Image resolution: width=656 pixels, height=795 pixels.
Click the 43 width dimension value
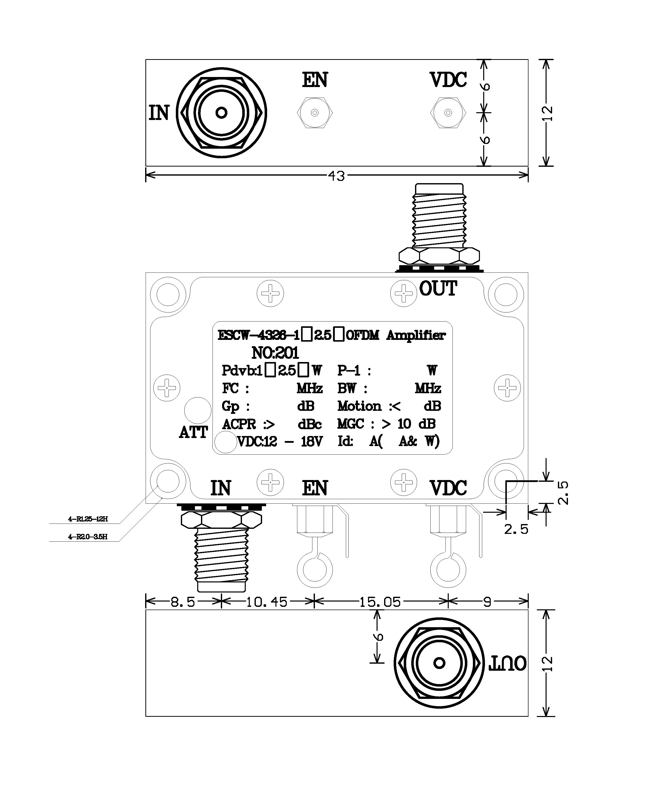[336, 176]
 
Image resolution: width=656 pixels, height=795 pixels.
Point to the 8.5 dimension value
[183, 602]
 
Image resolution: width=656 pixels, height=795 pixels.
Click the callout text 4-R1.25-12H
[88, 519]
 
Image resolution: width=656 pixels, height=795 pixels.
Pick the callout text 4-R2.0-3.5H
[88, 537]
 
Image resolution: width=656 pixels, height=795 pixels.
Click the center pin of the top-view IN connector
[221, 113]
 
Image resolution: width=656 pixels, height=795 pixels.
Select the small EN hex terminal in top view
[315, 113]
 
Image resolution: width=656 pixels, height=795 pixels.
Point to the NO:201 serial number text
[275, 353]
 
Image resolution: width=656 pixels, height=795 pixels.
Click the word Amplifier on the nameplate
[416, 336]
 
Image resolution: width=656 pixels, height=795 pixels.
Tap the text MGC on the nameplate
[350, 424]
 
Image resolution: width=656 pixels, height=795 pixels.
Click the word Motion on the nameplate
[359, 406]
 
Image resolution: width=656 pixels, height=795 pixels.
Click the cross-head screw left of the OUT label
[403, 293]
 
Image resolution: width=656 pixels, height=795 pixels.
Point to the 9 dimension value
[487, 602]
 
